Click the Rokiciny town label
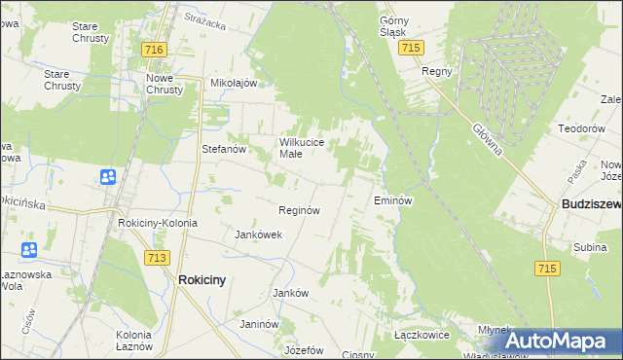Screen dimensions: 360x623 202,279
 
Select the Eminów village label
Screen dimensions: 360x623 394,200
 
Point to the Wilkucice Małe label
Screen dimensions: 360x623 308,147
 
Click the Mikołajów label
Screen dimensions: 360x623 234,83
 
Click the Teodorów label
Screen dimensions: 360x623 581,127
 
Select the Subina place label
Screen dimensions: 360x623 590,248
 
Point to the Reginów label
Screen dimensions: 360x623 299,210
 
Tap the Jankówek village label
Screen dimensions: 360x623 259,234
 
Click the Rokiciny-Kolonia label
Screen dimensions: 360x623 157,223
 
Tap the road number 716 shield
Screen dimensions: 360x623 153,49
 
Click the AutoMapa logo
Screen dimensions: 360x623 563,341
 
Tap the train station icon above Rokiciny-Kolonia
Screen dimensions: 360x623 107,177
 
